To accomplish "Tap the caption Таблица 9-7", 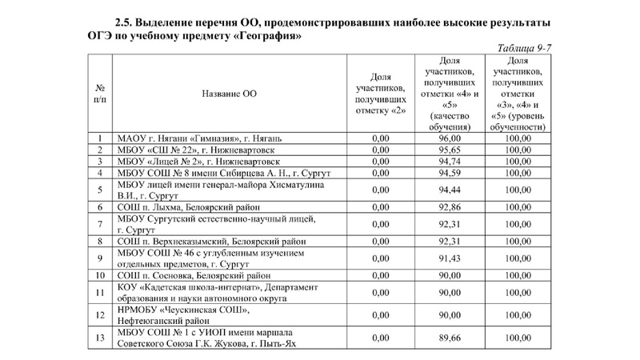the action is click(x=523, y=48).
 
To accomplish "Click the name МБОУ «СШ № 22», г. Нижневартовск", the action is click(x=197, y=150).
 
